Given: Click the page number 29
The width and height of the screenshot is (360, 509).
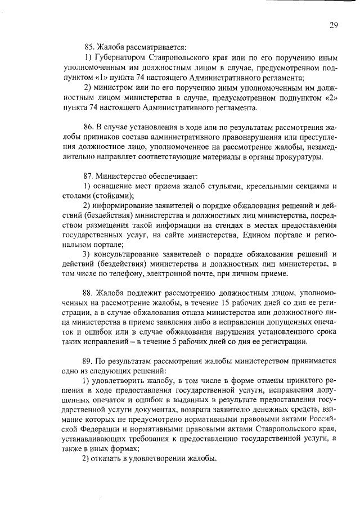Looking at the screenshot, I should tap(334, 25).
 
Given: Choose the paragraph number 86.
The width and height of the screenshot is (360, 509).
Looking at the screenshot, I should tap(89, 127).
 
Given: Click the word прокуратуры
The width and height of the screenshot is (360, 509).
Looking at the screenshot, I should tap(300, 157).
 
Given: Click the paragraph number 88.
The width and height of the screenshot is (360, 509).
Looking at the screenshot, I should tap(89, 294).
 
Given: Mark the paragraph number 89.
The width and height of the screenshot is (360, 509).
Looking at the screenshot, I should tap(89, 362).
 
